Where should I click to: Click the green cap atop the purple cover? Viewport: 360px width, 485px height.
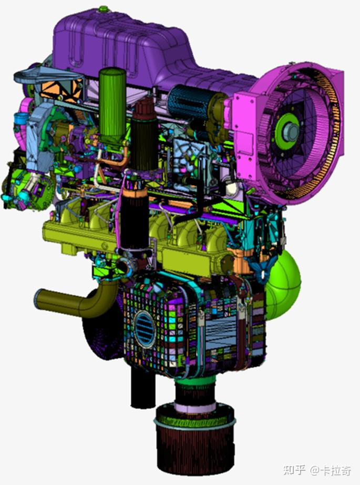[x=104, y=9]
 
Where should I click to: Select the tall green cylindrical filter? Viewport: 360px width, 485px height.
[x=112, y=105]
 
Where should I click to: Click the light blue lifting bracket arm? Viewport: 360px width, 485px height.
[x=32, y=74]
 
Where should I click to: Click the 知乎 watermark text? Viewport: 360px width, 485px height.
[x=294, y=470]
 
